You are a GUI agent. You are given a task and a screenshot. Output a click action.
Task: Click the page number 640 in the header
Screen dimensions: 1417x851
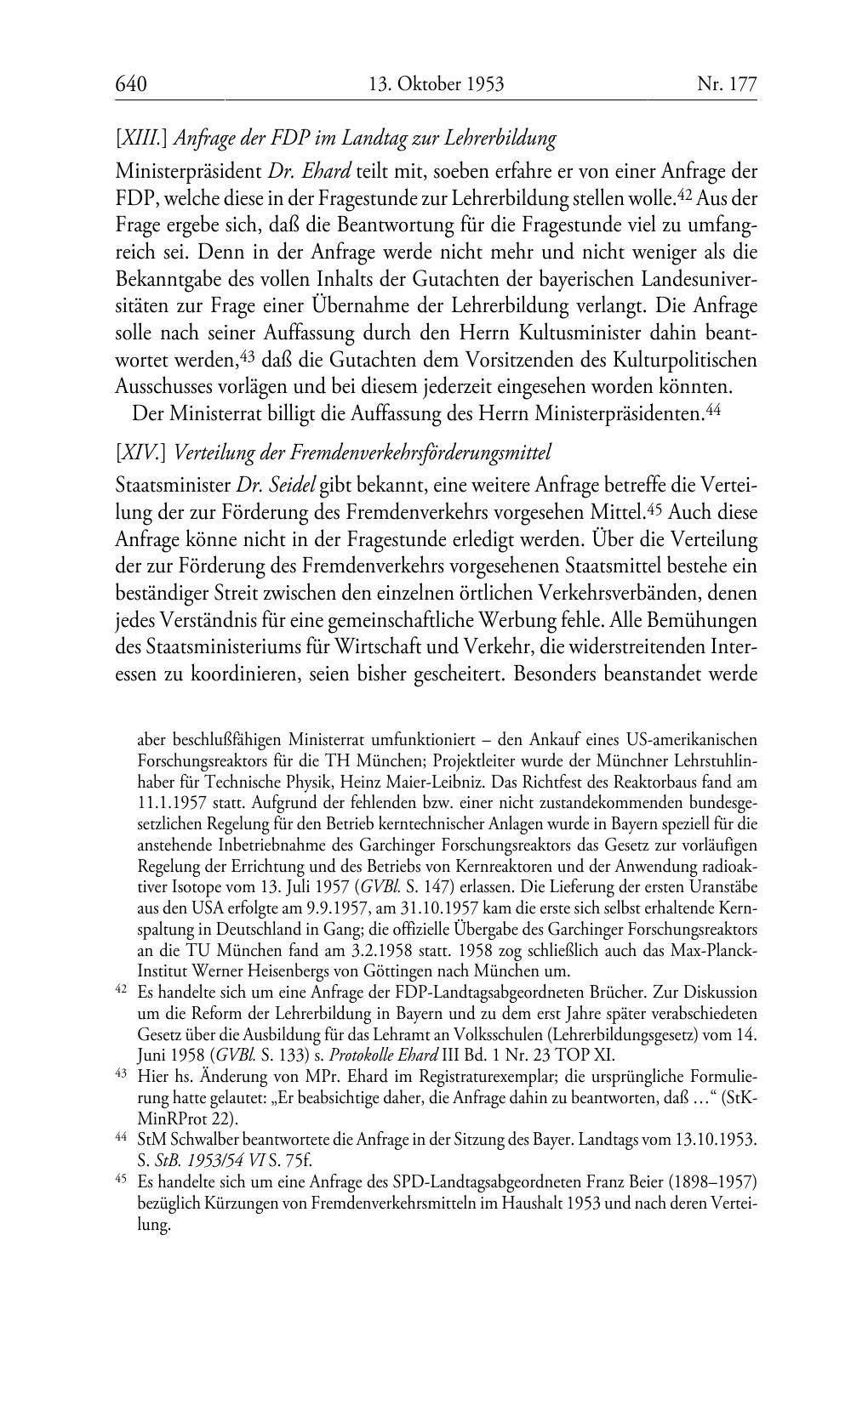point(131,84)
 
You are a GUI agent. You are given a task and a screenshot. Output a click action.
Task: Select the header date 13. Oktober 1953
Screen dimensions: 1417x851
point(437,84)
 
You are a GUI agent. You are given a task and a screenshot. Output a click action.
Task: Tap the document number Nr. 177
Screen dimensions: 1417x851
point(726,84)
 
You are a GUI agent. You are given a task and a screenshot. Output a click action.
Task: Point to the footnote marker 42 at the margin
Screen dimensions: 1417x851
point(121,990)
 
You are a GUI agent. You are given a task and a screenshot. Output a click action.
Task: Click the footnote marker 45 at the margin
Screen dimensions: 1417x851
point(121,1181)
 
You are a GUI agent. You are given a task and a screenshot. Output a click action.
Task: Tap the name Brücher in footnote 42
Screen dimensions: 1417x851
point(617,992)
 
